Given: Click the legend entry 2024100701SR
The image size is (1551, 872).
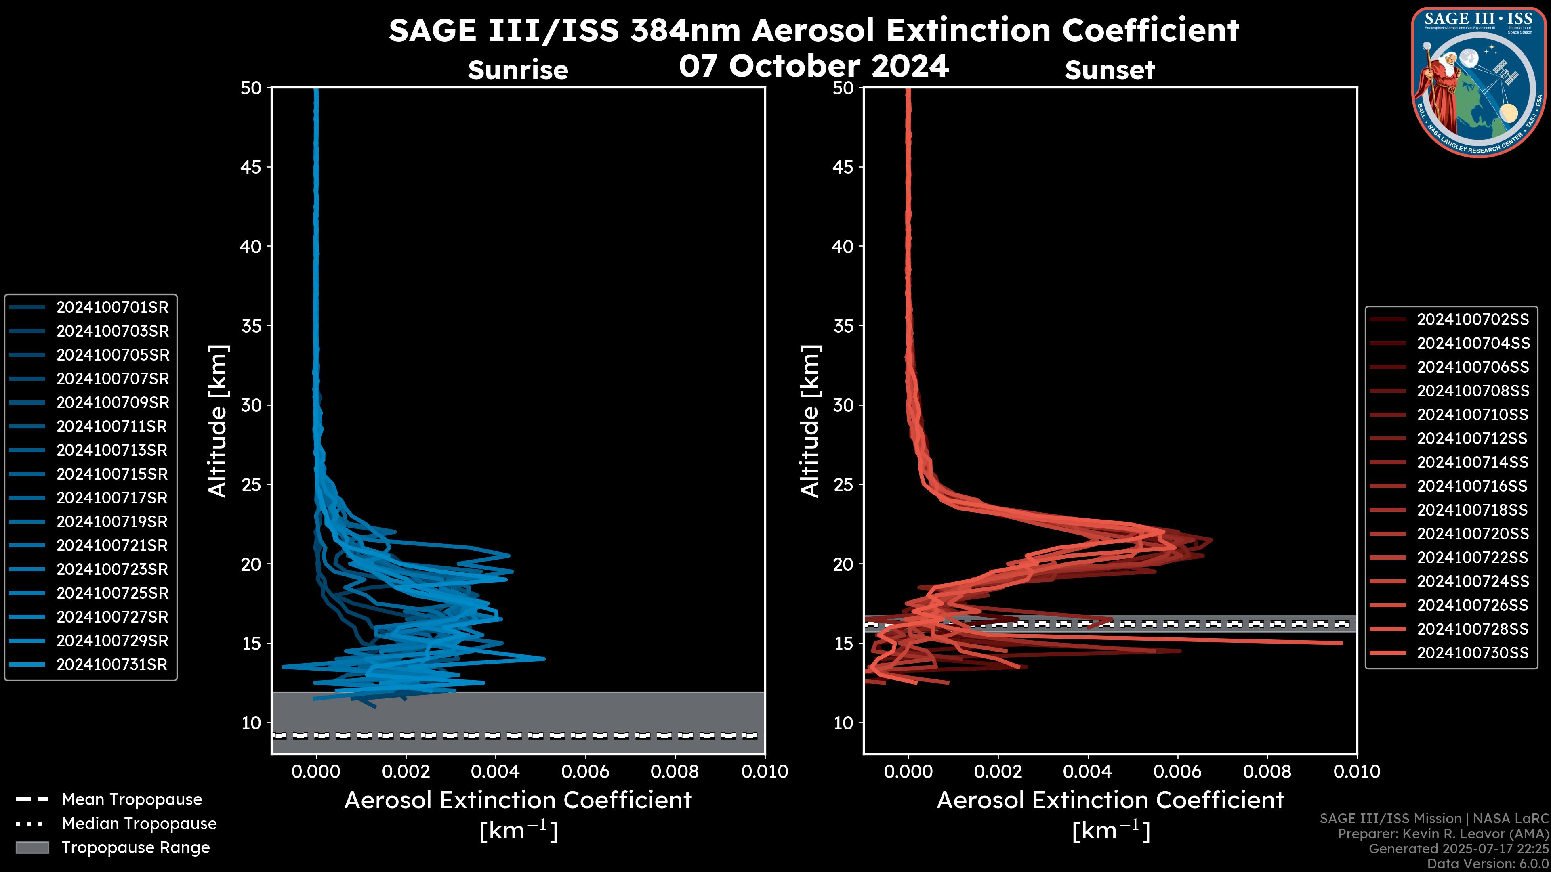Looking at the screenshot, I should [112, 308].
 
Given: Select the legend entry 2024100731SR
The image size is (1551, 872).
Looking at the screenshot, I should [112, 665].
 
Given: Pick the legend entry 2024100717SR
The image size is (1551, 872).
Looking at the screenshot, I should [112, 498].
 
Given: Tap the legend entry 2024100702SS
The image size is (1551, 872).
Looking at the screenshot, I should [1472, 320].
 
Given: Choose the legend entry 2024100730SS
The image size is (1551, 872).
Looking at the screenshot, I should [1472, 653].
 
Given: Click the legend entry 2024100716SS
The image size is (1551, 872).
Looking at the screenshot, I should [1472, 486].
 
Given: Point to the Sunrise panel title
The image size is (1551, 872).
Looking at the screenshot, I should [518, 70].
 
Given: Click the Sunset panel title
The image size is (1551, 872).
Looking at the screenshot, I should [1110, 70].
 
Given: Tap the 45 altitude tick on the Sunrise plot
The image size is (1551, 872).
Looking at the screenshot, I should [251, 167].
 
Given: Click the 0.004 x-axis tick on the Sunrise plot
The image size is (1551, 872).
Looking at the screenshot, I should [495, 771].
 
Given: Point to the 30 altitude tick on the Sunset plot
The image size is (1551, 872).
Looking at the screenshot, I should [843, 406].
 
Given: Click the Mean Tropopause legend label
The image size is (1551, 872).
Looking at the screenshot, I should [131, 800].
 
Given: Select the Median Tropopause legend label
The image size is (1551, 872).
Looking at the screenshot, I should [139, 824].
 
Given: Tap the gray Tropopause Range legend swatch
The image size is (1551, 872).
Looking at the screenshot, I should [32, 848].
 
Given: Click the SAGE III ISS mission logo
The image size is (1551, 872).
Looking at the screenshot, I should [1478, 82].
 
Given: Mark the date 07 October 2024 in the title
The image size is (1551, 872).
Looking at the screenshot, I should [813, 66].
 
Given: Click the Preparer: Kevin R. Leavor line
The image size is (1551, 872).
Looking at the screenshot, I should [1443, 834].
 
